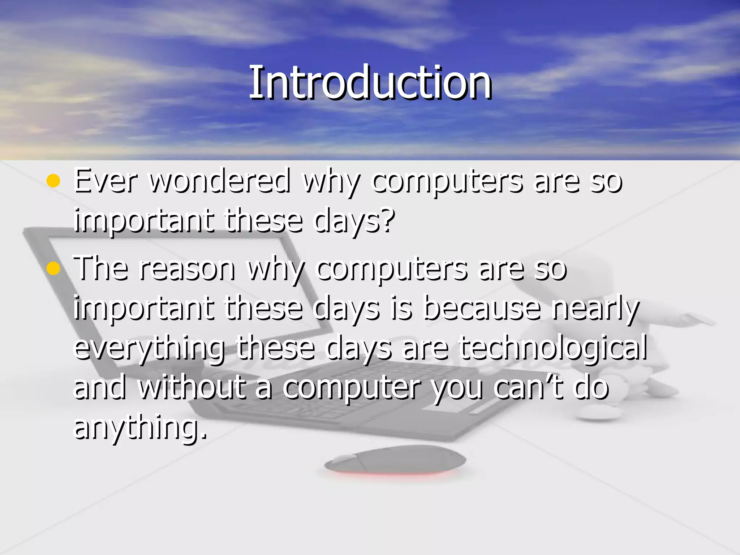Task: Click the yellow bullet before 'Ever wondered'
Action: (53, 181)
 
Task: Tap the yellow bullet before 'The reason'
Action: (53, 269)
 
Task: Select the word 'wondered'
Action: (220, 181)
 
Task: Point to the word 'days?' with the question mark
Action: (354, 221)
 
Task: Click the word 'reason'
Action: (187, 269)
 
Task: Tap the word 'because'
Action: (482, 309)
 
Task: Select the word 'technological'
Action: (553, 348)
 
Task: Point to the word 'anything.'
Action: (140, 428)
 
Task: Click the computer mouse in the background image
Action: (395, 460)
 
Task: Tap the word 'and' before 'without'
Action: (100, 387)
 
